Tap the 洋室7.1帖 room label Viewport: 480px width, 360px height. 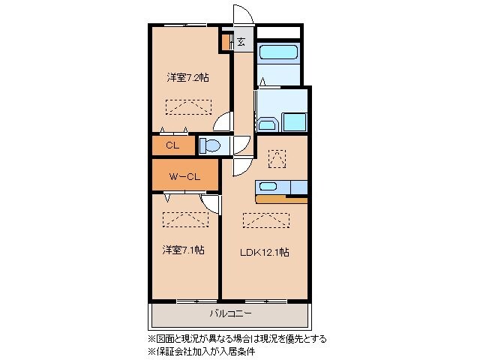click(182, 250)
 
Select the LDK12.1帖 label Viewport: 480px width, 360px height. click(265, 252)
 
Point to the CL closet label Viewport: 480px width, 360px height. click(172, 145)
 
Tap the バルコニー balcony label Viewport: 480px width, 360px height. click(229, 313)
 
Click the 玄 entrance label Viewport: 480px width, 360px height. click(241, 42)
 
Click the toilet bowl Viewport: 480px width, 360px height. click(211, 145)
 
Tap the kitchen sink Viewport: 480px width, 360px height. click(268, 186)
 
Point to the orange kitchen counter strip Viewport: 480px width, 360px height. click(281, 199)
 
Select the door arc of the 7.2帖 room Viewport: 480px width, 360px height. click(223, 121)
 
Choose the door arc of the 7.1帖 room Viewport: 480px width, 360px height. click(211, 203)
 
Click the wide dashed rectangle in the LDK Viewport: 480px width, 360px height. click(265, 220)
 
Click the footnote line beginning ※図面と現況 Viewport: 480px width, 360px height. click(236, 338)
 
